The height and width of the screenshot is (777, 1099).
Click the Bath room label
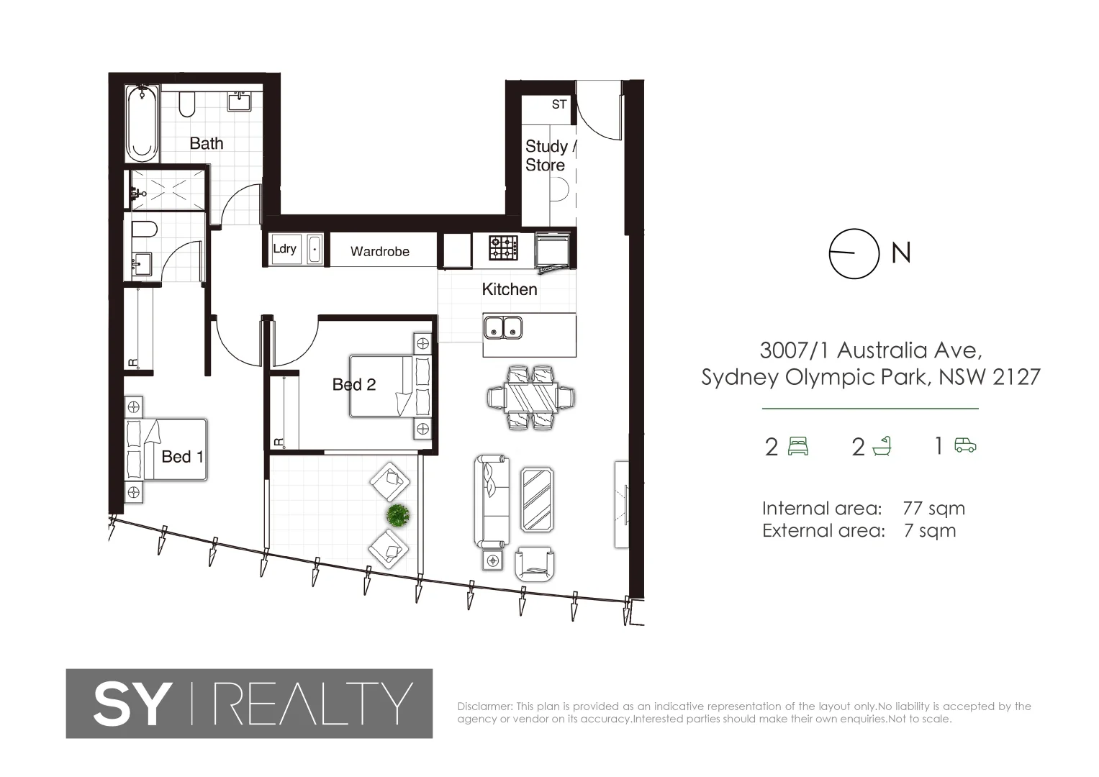tap(207, 143)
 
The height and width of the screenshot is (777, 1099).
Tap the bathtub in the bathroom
tap(142, 124)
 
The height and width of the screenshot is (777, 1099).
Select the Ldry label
tap(284, 249)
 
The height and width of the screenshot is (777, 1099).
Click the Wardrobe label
tap(380, 251)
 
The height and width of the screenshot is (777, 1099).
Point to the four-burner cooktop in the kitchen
tap(504, 247)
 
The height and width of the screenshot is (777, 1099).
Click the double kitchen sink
tap(502, 327)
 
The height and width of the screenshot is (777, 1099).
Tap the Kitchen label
tap(510, 289)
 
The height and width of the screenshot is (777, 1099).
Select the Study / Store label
tap(548, 155)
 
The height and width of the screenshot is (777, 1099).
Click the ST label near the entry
tap(559, 104)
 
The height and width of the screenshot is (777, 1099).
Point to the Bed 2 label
tap(354, 385)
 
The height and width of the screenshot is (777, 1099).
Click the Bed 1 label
tap(182, 457)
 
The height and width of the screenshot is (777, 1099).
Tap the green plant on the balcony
tap(397, 514)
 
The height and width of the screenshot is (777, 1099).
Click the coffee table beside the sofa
tap(537, 499)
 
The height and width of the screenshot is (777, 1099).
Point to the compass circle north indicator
tap(854, 253)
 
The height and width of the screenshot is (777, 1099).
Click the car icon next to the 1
tap(965, 446)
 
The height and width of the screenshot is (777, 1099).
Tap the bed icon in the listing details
tap(798, 447)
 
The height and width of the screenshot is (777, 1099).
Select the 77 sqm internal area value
tap(933, 509)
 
